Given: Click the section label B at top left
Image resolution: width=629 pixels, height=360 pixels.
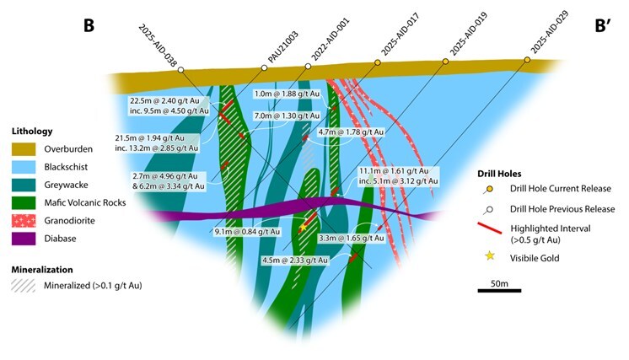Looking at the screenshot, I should click(x=89, y=26).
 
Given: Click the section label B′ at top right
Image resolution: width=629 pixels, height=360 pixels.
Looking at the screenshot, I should click(x=607, y=25).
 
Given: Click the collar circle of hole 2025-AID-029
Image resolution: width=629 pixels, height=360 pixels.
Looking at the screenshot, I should click(x=528, y=60).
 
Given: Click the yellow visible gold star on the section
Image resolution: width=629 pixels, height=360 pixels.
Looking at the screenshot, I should click(x=303, y=226).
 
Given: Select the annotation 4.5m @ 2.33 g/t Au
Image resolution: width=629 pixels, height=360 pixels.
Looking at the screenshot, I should click(x=294, y=261).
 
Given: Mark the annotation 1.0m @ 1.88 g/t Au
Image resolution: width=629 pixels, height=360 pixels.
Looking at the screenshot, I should click(x=288, y=94).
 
